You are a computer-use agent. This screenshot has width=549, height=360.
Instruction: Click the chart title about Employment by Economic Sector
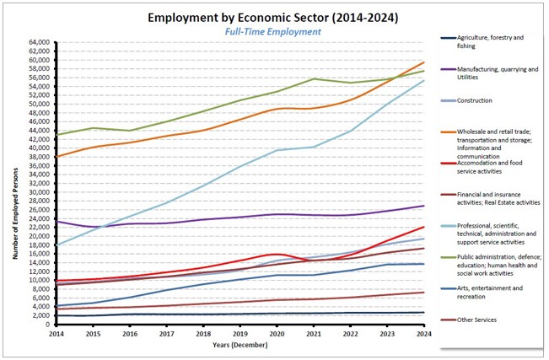[x=272, y=17]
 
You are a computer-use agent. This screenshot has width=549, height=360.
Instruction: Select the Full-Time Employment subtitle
[x=272, y=32]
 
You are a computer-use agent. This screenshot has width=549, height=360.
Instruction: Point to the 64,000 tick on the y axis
[x=38, y=42]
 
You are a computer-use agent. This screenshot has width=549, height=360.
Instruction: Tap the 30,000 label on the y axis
[x=38, y=192]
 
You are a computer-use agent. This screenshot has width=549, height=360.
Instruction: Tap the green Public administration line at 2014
[x=56, y=135]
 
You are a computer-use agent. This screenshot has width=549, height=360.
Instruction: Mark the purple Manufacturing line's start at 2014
[x=56, y=222]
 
